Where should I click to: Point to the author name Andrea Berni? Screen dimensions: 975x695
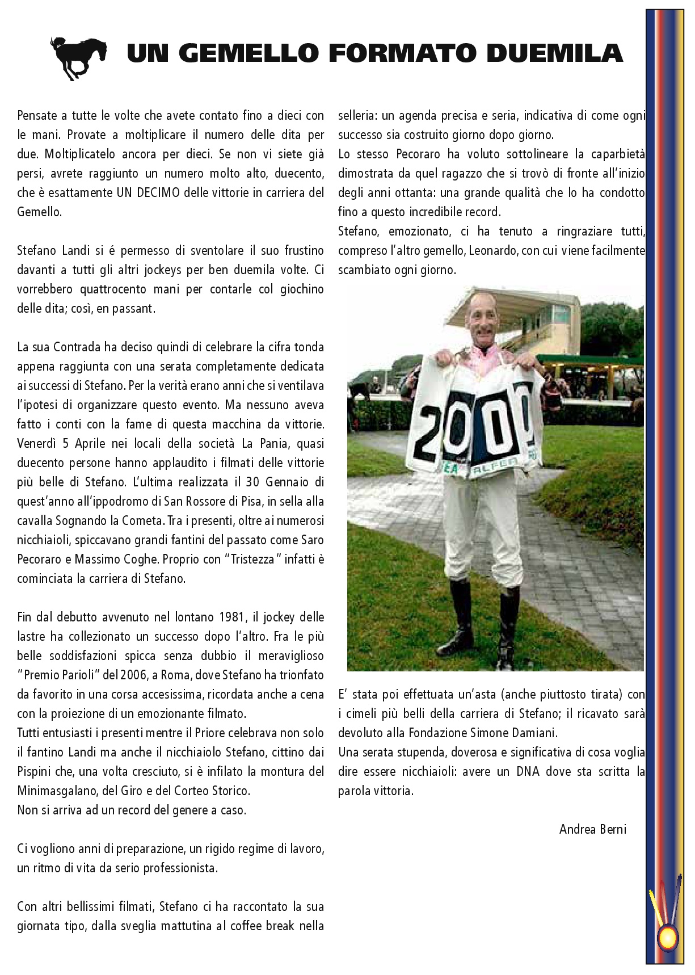592,829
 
